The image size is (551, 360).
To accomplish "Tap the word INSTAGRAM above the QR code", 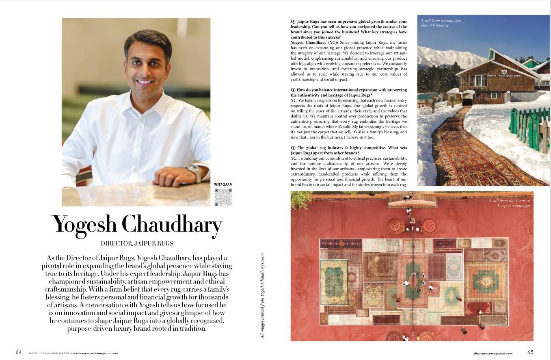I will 223,185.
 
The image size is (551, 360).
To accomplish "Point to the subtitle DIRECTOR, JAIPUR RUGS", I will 137,243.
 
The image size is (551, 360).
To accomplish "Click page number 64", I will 19,352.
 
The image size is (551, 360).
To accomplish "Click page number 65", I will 531,352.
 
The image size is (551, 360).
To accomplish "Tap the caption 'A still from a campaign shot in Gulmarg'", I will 441,23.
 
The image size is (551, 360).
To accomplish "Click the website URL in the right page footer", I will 493,353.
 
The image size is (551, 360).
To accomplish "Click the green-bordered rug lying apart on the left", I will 334,282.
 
